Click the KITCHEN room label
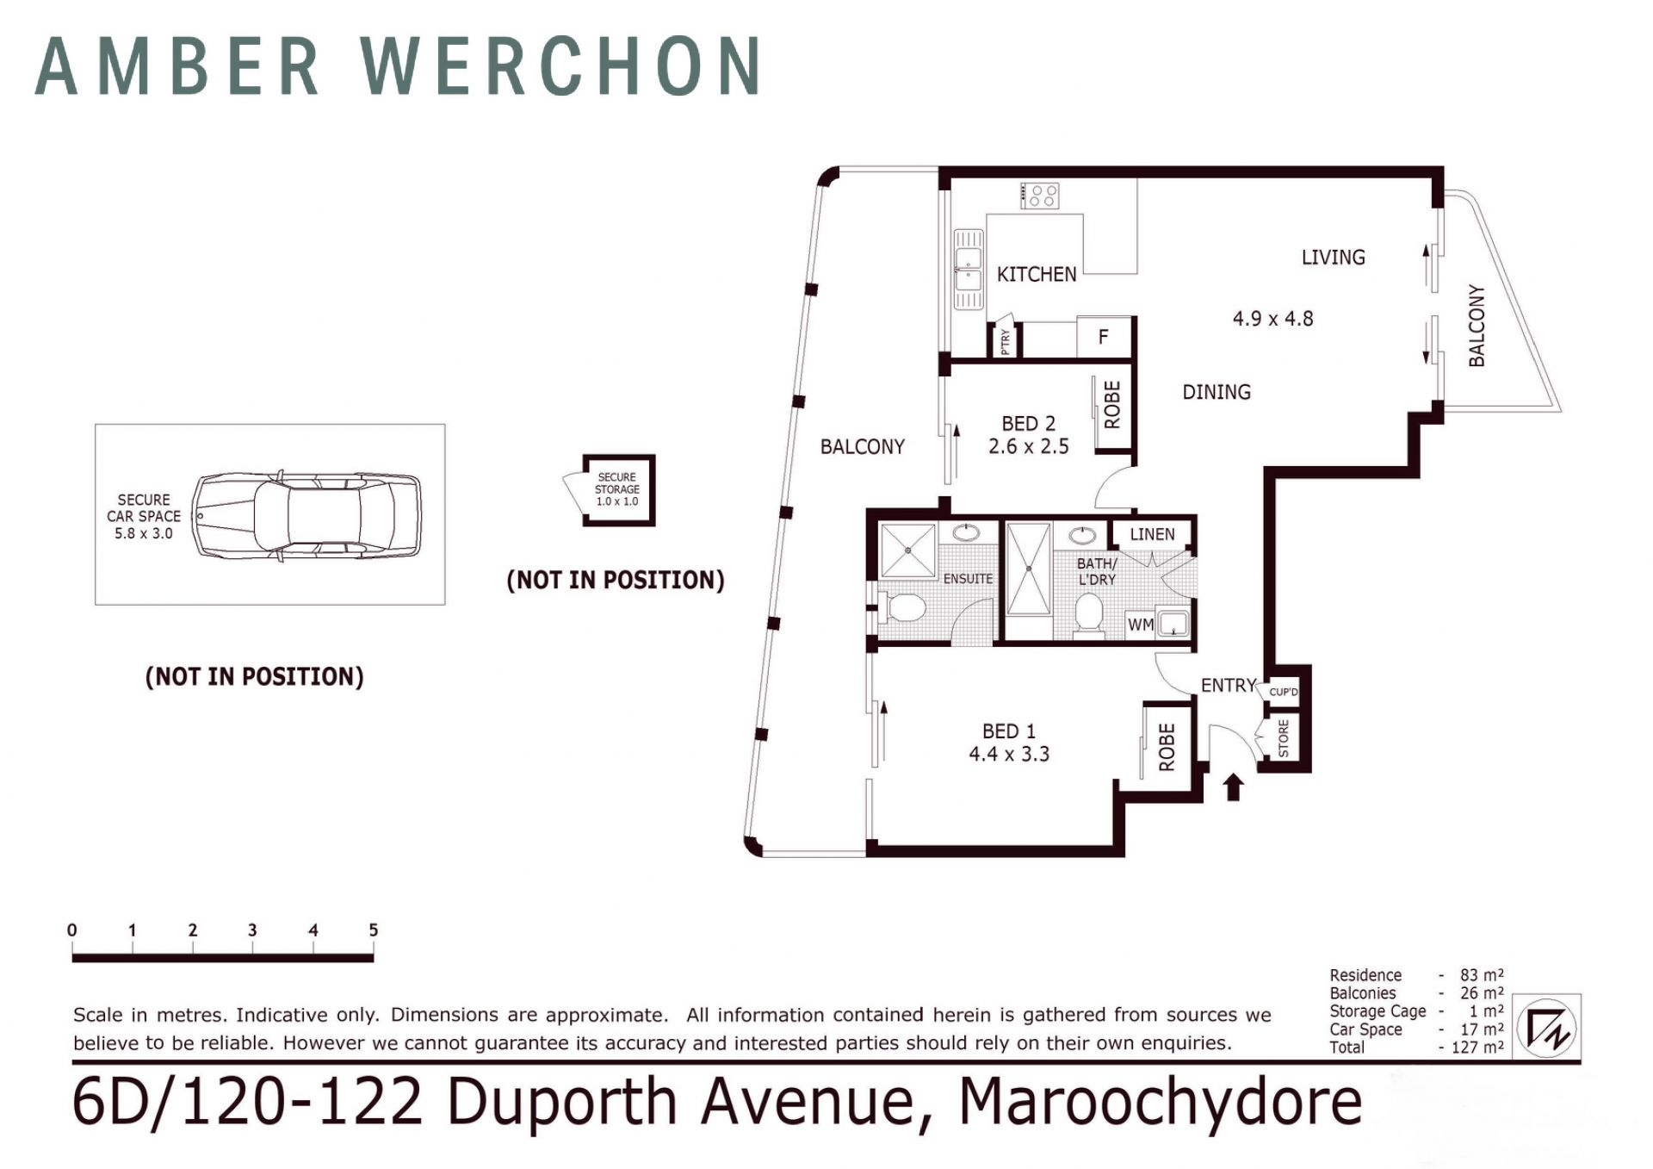point(1037,274)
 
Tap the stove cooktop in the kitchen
point(1040,196)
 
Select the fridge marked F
point(1104,337)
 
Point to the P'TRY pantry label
point(1005,341)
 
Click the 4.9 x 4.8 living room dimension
point(1272,319)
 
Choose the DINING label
point(1217,392)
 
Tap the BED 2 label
point(1028,424)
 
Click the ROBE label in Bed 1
point(1167,747)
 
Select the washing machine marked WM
point(1141,625)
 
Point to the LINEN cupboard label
point(1152,534)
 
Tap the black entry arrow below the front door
point(1233,787)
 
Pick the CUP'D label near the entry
point(1284,692)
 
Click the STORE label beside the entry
point(1284,738)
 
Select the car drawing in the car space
point(306,516)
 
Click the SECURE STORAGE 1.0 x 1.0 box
point(618,490)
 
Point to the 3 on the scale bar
point(252,930)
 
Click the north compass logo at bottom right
point(1547,1028)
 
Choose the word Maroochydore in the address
point(1161,1103)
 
